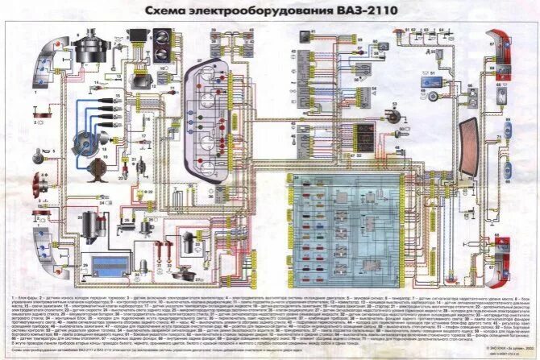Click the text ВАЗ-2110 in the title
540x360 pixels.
368,11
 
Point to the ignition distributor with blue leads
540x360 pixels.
83,143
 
